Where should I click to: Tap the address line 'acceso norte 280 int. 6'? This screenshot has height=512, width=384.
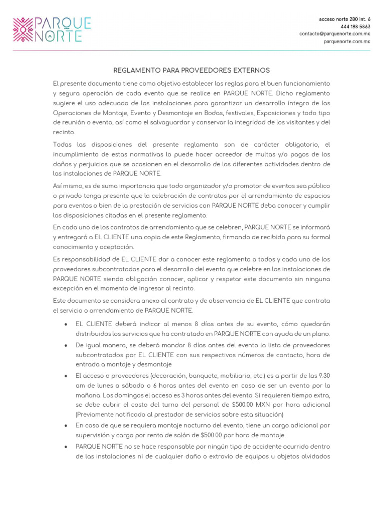coord(345,19)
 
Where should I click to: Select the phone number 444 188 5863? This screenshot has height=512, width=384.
coord(355,26)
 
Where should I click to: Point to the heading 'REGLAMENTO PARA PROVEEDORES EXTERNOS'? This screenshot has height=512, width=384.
coord(192,70)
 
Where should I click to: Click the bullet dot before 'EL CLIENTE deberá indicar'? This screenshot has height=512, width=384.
coord(67,324)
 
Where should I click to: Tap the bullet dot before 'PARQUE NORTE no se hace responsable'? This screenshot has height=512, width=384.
coord(67,446)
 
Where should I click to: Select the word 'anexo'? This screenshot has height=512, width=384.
coord(157,300)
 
